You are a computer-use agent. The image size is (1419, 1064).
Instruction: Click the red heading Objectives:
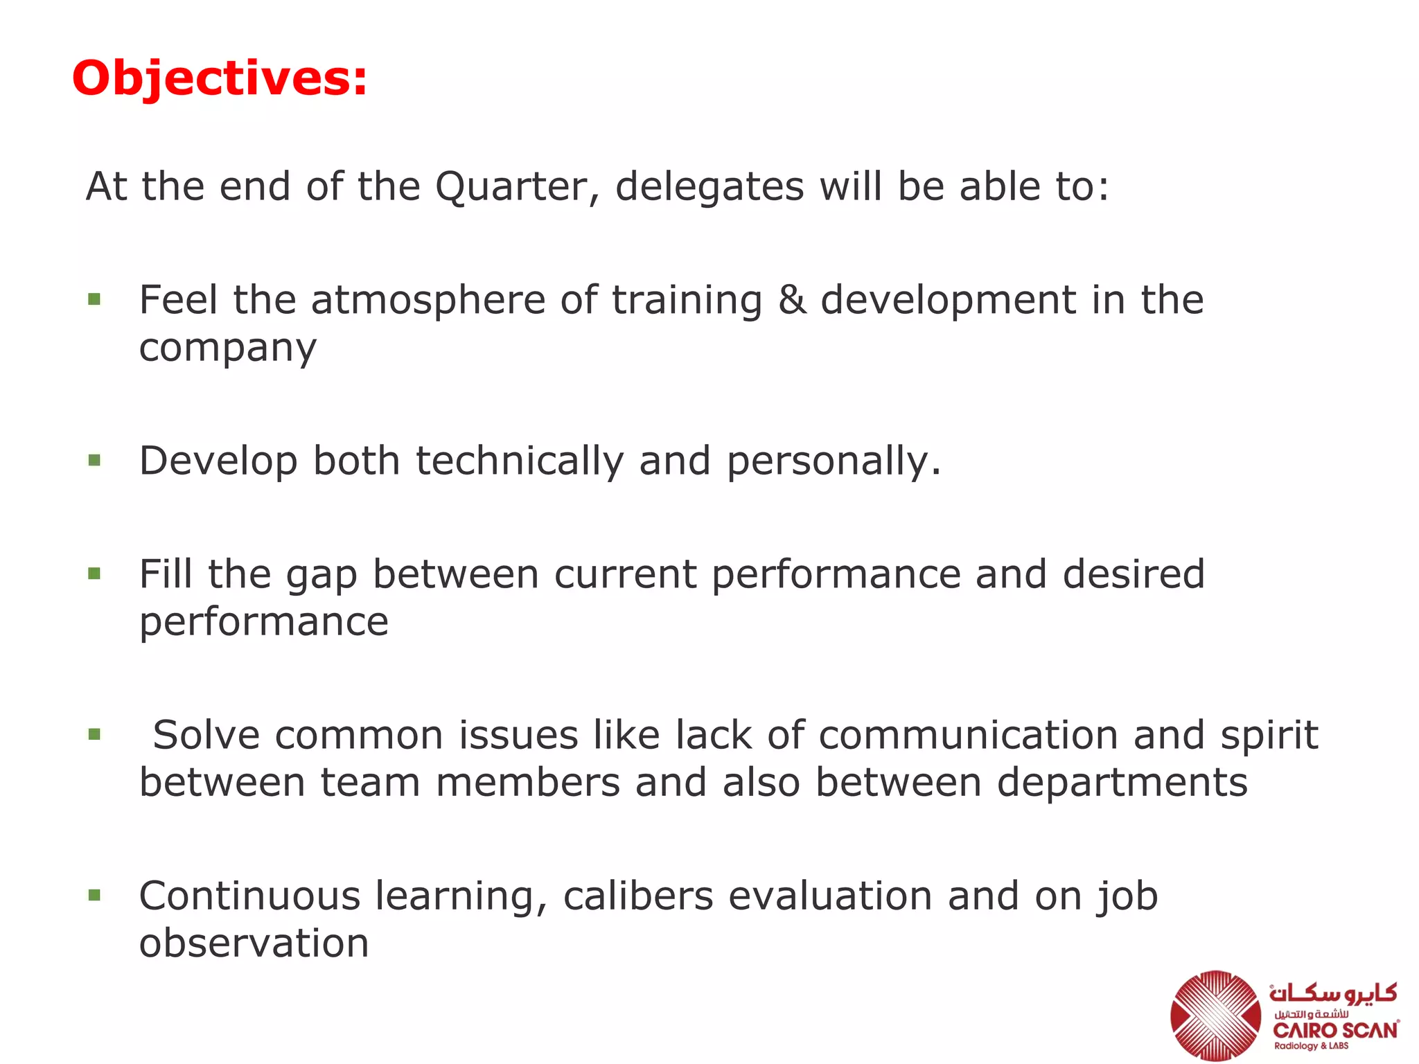(220, 78)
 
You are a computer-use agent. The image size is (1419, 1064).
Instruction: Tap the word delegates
(709, 187)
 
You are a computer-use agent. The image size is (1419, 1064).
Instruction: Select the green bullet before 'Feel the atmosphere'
(95, 300)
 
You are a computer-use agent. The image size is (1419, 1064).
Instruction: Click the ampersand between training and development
(792, 301)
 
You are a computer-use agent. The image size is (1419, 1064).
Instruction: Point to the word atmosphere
(428, 301)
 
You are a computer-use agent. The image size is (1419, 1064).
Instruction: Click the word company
(227, 348)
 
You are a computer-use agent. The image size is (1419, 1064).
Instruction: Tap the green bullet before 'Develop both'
(95, 461)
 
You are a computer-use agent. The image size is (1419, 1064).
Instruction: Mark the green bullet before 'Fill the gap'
(95, 574)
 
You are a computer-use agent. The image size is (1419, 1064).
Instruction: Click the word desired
(1134, 574)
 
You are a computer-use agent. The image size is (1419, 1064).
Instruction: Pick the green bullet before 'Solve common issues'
(95, 734)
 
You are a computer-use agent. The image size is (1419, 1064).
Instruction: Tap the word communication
(968, 735)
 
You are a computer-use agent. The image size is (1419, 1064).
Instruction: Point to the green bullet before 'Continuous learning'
(95, 896)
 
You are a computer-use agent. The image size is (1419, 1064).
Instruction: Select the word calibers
(638, 896)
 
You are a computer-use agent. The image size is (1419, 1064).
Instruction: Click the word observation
(254, 943)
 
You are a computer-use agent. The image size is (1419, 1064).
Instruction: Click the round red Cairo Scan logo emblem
(1216, 1014)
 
